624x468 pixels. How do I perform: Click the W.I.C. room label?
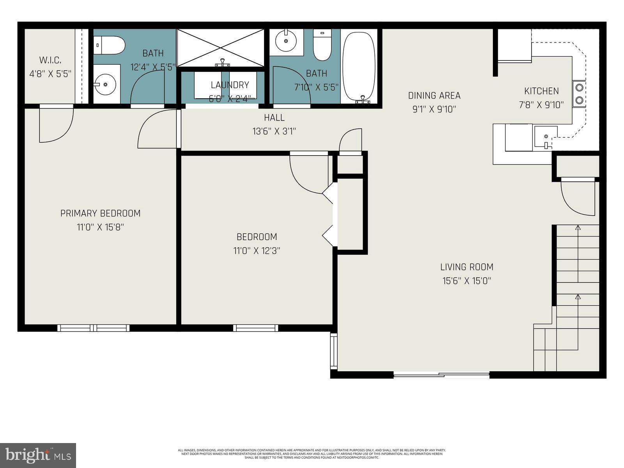pyautogui.click(x=50, y=60)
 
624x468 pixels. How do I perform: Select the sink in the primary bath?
pyautogui.click(x=105, y=84)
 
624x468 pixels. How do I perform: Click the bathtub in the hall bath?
pyautogui.click(x=359, y=66)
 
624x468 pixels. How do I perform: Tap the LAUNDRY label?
pyautogui.click(x=230, y=85)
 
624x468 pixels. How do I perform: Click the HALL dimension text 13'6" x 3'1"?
pyautogui.click(x=274, y=131)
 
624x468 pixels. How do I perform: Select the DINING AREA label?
pyautogui.click(x=434, y=96)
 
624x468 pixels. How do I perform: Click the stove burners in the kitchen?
pyautogui.click(x=579, y=94)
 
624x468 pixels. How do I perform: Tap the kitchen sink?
pyautogui.click(x=546, y=137)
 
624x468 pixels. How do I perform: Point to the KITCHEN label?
pyautogui.click(x=541, y=91)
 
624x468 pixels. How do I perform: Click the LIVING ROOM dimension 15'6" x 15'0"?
pyautogui.click(x=466, y=280)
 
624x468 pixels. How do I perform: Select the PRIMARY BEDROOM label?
pyautogui.click(x=100, y=213)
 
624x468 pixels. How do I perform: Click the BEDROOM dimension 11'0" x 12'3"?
pyautogui.click(x=257, y=250)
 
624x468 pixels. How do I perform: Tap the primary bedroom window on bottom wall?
pyautogui.click(x=94, y=328)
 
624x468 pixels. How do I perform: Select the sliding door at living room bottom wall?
pyautogui.click(x=441, y=375)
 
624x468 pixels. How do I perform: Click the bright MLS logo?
pyautogui.click(x=38, y=455)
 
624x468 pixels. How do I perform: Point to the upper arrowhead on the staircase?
pyautogui.click(x=578, y=227)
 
